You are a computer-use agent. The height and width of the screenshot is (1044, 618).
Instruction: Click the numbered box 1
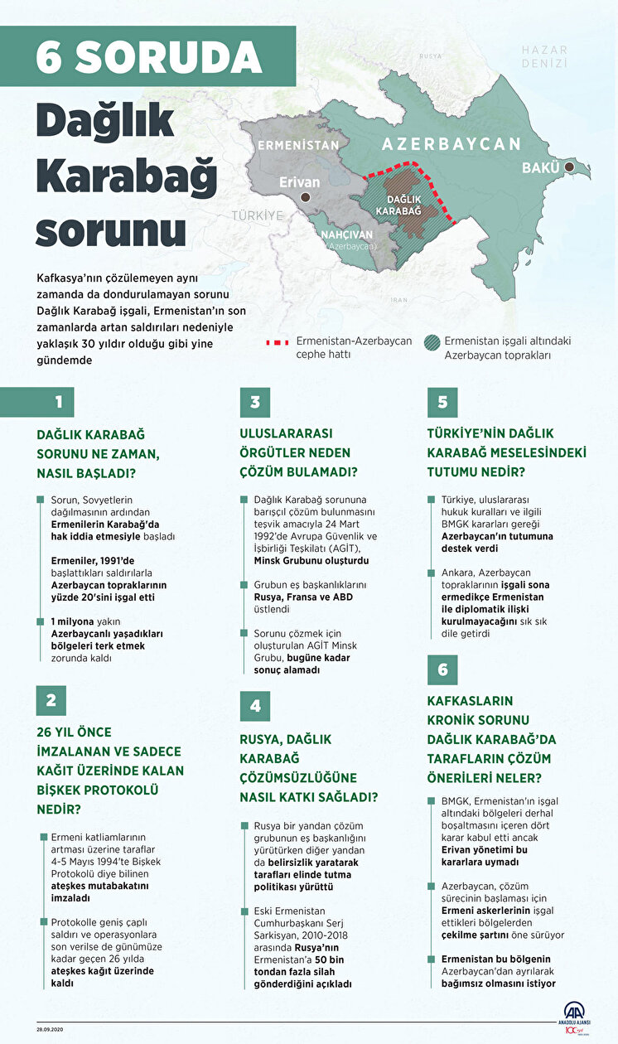59,402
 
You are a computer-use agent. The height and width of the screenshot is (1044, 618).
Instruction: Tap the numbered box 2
51,700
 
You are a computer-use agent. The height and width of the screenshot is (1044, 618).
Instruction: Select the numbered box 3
255,402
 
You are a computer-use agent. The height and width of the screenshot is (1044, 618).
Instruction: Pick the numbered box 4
255,705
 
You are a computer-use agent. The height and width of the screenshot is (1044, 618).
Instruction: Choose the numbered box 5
442,402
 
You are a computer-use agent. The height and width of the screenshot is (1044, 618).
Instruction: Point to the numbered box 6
442,669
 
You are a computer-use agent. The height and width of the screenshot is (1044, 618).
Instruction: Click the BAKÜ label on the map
540,168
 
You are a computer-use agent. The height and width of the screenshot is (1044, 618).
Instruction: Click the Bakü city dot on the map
570,167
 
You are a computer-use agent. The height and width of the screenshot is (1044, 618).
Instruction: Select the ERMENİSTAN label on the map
298,145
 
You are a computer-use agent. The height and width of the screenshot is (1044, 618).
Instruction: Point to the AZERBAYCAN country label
451,143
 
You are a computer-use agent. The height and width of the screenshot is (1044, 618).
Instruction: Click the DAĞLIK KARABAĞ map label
398,205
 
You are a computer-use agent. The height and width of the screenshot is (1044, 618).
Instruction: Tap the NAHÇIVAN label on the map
350,234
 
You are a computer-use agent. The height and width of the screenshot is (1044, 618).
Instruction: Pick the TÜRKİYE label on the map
257,215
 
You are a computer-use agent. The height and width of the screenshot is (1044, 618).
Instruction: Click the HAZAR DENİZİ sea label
544,56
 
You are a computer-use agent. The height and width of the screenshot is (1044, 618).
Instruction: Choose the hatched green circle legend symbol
432,341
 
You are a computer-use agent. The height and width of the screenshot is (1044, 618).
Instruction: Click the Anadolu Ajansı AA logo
574,1013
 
